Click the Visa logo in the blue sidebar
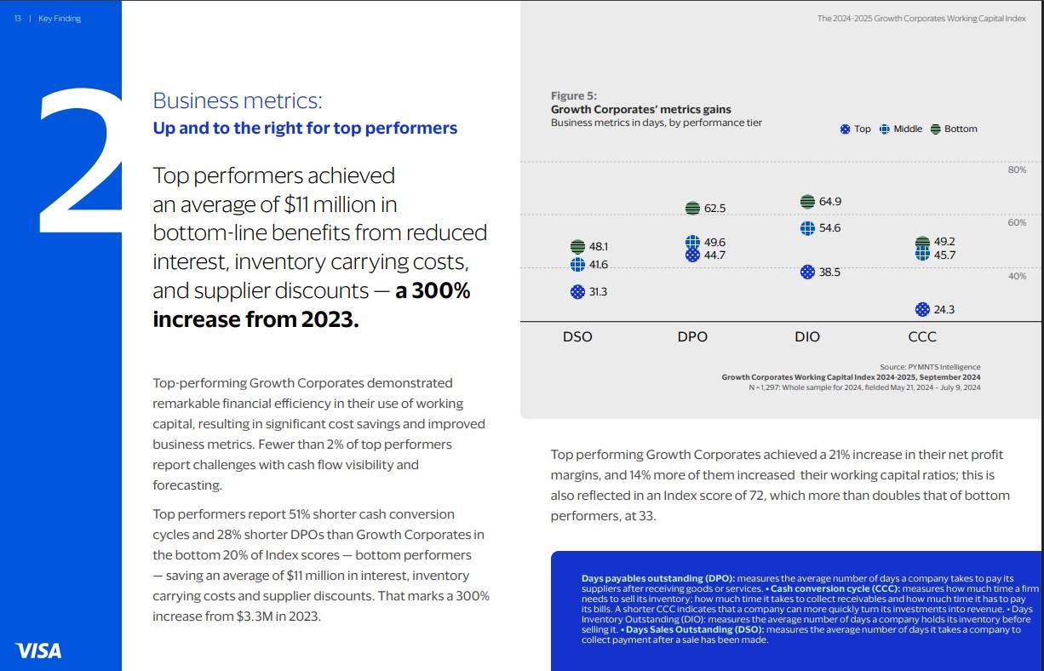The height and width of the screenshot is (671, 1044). coord(38,651)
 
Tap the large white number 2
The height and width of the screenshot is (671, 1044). coord(81,162)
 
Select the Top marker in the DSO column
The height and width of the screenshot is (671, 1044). coord(577,291)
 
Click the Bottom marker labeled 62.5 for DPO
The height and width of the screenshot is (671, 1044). coord(692,208)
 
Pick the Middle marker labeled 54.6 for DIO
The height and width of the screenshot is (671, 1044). coord(807,228)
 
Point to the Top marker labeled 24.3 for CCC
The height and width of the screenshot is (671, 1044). coord(922,309)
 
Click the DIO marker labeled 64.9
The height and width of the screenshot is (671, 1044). coord(807,202)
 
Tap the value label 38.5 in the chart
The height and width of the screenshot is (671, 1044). coord(829,272)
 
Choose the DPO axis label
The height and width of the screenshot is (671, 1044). coord(692,336)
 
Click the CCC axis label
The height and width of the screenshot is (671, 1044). coord(922,336)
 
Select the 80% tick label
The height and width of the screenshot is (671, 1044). coord(1017,170)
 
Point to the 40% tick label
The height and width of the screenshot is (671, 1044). coord(1017,277)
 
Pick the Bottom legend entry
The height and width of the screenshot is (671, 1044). coord(954,129)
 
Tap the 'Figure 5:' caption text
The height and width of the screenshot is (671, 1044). coord(574,95)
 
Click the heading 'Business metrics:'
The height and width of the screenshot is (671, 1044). coord(238,100)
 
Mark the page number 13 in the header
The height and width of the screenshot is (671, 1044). coord(18,19)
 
